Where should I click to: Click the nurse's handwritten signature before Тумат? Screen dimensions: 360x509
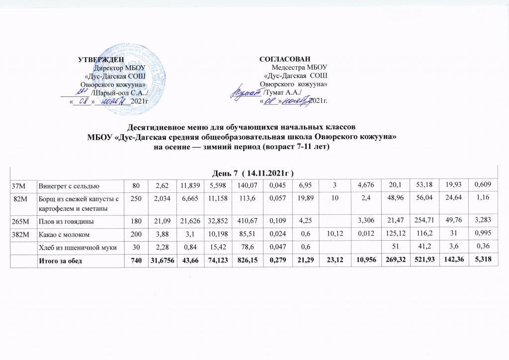point(248,92)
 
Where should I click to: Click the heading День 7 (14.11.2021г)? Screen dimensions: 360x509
point(254,172)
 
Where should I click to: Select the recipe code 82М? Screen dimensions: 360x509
point(19,199)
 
